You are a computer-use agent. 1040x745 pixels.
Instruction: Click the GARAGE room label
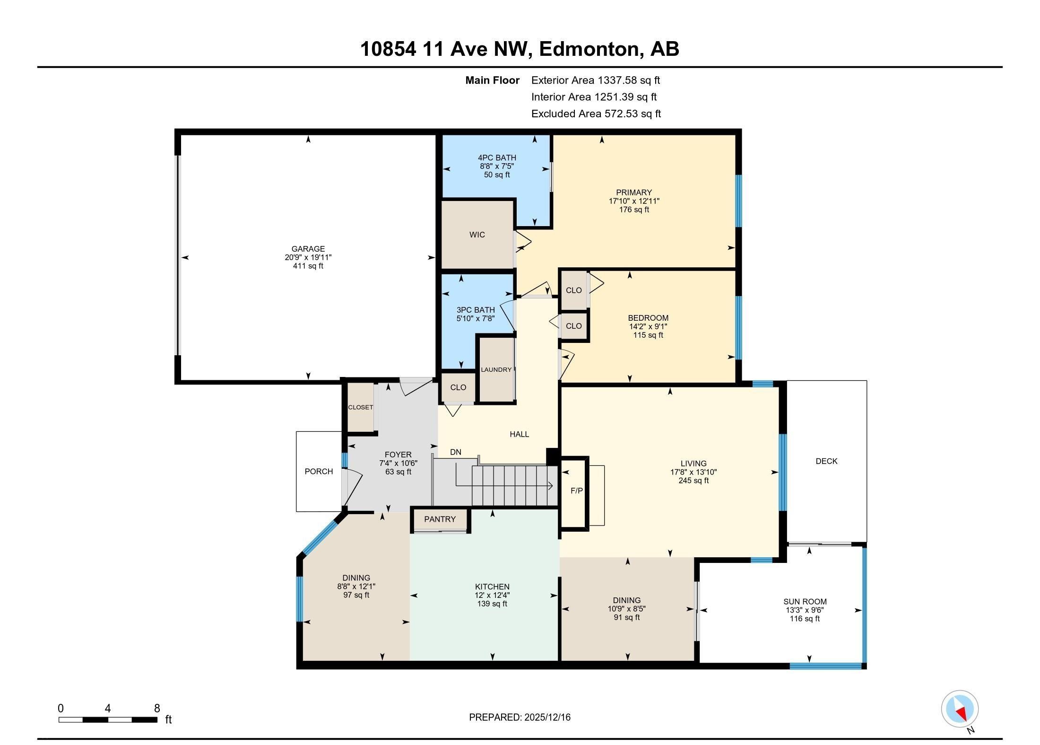(x=308, y=249)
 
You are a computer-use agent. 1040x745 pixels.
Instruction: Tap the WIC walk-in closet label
(x=477, y=235)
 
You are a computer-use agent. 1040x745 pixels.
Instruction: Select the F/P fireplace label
(x=577, y=491)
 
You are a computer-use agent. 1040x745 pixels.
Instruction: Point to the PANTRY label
(x=440, y=519)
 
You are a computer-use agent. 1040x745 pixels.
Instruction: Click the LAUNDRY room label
(x=496, y=369)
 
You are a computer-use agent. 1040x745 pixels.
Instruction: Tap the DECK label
(x=827, y=461)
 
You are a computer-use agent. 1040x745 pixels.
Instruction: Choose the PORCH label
(x=319, y=472)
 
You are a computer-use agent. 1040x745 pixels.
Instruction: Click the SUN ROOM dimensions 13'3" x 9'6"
(x=805, y=610)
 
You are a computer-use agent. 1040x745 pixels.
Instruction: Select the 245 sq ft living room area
(x=693, y=481)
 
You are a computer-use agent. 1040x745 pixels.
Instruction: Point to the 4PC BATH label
(x=497, y=158)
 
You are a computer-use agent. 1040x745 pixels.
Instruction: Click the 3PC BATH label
(x=476, y=310)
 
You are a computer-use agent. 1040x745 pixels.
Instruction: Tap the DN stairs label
(x=456, y=452)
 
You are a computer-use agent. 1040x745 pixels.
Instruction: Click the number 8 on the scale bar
(x=157, y=708)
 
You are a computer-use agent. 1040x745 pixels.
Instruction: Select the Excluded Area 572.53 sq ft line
(x=596, y=114)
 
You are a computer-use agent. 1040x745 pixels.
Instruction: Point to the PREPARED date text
(x=520, y=717)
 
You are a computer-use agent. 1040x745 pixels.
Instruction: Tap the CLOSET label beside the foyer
(x=361, y=407)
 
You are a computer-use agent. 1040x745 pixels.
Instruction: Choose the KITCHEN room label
(x=492, y=587)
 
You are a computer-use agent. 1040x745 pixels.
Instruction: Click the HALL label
(x=519, y=434)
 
